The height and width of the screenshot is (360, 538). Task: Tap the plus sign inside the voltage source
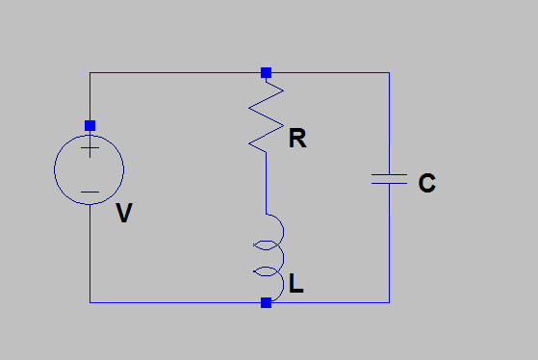click(x=90, y=148)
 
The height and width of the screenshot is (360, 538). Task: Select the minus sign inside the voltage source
click(x=90, y=192)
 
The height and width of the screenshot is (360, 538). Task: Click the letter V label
click(x=123, y=214)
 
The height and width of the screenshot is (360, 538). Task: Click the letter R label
click(x=297, y=140)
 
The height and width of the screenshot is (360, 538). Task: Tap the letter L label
click(x=296, y=285)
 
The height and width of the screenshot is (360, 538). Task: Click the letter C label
click(x=426, y=183)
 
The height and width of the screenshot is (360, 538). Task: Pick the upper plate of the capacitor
click(x=389, y=174)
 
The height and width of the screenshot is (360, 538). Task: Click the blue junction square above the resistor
click(x=267, y=72)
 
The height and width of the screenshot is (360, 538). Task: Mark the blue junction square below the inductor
click(x=267, y=302)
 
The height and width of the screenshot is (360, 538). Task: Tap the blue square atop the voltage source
click(x=90, y=125)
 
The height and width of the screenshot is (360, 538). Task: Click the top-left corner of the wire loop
click(x=90, y=72)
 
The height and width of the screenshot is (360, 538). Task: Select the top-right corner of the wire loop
click(x=389, y=72)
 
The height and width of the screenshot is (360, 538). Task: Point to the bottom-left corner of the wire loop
click(x=90, y=302)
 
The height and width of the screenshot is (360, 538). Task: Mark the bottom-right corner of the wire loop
click(x=389, y=302)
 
